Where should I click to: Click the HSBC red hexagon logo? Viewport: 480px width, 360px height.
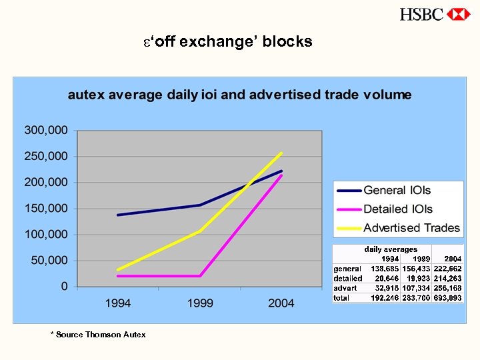tap(459, 14)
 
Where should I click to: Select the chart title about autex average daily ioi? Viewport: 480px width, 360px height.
tap(239, 95)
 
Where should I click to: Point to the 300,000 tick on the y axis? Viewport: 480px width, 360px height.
tap(46, 130)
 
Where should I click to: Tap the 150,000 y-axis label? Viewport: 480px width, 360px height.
tap(46, 208)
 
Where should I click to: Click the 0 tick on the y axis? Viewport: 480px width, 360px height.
tap(64, 286)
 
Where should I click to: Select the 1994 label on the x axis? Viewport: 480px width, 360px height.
tap(118, 303)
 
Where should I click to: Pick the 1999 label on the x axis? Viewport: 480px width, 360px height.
tap(200, 303)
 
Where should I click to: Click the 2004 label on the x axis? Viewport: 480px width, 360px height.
tap(281, 303)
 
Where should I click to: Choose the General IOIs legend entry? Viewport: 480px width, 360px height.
tap(397, 191)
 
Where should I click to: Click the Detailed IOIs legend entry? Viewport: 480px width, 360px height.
tap(398, 209)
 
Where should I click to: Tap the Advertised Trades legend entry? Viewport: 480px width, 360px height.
tap(411, 228)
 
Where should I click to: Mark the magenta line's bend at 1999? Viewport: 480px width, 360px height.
tap(200, 276)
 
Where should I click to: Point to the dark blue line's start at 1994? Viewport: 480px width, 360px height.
tap(118, 215)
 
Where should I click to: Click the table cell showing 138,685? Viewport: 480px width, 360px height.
tap(385, 269)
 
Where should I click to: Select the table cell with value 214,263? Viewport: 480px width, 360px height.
tap(447, 278)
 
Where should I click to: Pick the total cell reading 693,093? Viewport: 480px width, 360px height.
tap(447, 297)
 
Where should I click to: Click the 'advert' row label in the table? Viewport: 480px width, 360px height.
tap(345, 288)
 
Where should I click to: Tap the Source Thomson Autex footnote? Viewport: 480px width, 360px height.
tap(98, 334)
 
